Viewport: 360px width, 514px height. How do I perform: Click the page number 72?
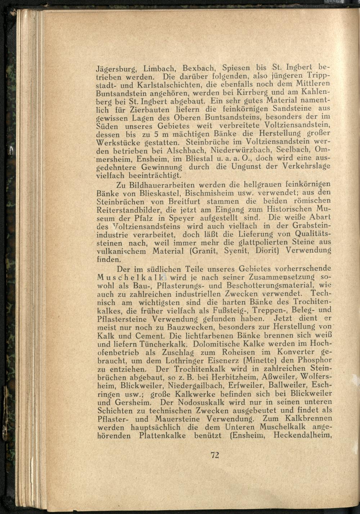point(215,455)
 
